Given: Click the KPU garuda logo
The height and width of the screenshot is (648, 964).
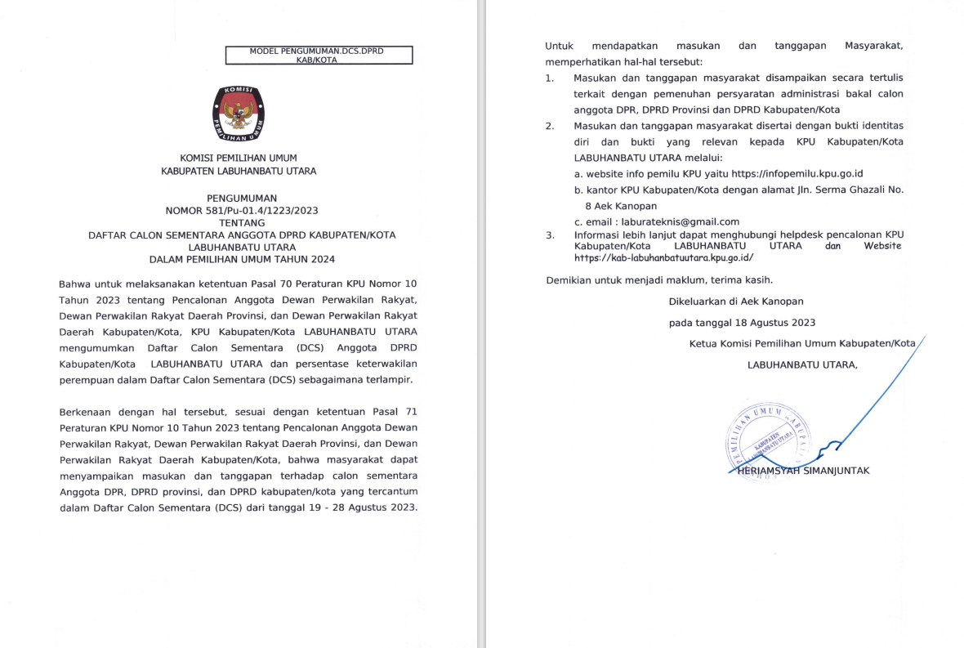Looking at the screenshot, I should [239, 114].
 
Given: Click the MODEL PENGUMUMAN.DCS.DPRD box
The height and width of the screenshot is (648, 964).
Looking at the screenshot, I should [319, 55].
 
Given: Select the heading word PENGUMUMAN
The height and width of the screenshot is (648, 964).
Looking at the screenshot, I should [242, 198].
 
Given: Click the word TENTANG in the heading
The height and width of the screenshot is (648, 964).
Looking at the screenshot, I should [242, 222].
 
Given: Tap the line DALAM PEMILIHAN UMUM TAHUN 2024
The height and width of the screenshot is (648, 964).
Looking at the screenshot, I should [242, 259].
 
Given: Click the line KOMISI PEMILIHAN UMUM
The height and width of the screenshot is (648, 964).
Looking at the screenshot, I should [239, 158].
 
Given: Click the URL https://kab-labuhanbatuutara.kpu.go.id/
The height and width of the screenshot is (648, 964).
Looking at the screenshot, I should [663, 257].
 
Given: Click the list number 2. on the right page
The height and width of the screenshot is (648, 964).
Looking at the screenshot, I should [550, 126].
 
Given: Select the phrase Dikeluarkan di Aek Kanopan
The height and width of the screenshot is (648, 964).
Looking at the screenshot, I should [736, 302].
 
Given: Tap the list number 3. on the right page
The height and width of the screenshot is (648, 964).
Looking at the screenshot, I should [550, 235].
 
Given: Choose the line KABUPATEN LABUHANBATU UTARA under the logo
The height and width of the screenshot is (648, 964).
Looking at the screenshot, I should [239, 172].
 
